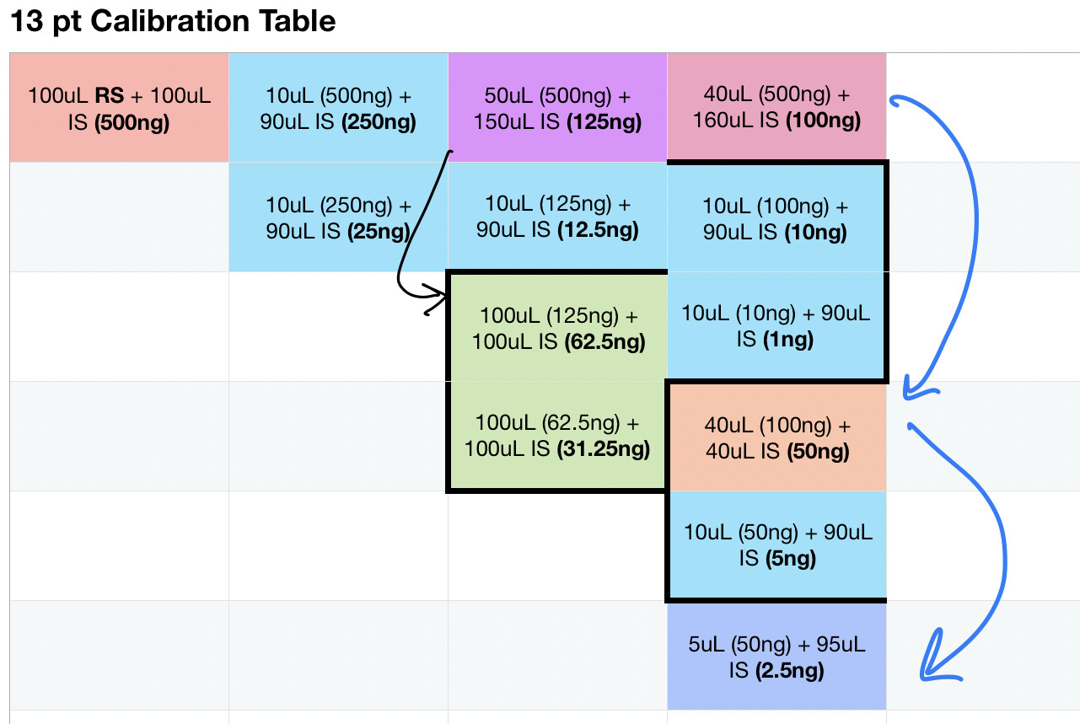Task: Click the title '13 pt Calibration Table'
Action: pos(173,22)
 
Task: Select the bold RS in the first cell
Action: pos(110,95)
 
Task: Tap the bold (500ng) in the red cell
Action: pos(132,122)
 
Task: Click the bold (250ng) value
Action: pos(379,121)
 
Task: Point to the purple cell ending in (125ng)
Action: pos(557,108)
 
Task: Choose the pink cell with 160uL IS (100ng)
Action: pos(776,106)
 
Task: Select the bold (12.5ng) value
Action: pos(598,230)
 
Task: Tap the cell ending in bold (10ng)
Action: pos(776,218)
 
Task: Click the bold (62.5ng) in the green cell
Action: pos(605,342)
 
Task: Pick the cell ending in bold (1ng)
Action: pos(776,325)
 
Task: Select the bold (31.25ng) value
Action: pos(604,449)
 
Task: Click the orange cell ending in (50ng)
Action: pos(777,437)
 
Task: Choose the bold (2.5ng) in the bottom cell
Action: pos(790,671)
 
